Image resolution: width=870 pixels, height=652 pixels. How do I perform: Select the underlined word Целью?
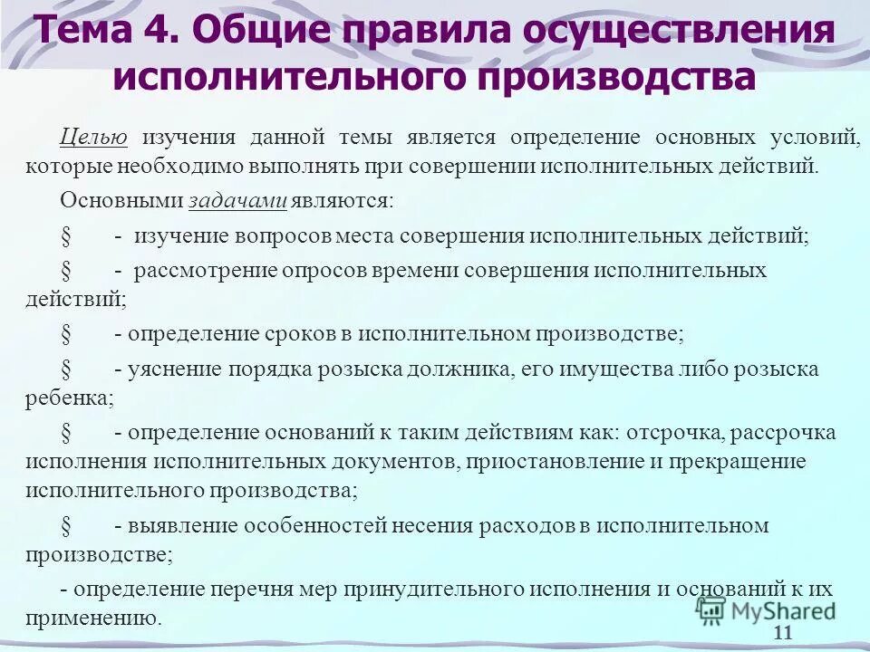point(93,138)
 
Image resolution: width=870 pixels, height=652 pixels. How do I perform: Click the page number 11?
point(784,633)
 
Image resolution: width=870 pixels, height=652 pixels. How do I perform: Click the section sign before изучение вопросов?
point(66,236)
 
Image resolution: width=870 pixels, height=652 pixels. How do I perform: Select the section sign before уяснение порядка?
point(66,369)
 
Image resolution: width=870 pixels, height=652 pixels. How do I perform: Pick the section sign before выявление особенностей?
point(66,526)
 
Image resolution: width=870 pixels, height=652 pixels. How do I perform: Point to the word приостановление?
point(556,462)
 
